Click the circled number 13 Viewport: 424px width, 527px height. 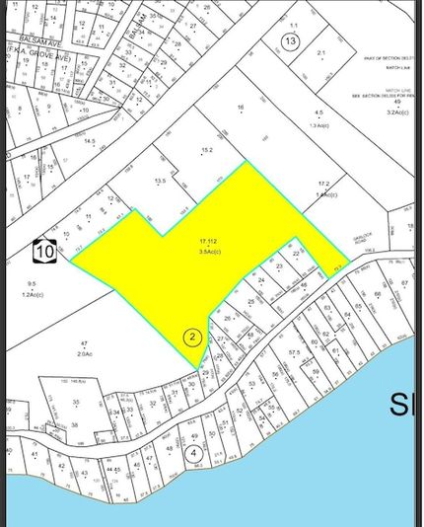click(289, 41)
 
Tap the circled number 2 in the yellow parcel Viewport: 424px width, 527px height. click(193, 337)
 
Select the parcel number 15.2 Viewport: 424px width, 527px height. click(207, 150)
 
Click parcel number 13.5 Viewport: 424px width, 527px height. click(160, 181)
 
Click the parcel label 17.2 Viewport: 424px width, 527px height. click(322, 184)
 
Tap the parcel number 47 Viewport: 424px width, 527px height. click(84, 342)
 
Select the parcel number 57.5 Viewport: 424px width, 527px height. click(294, 351)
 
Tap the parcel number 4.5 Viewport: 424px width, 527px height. click(318, 115)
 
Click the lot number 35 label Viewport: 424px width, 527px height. click(75, 402)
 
